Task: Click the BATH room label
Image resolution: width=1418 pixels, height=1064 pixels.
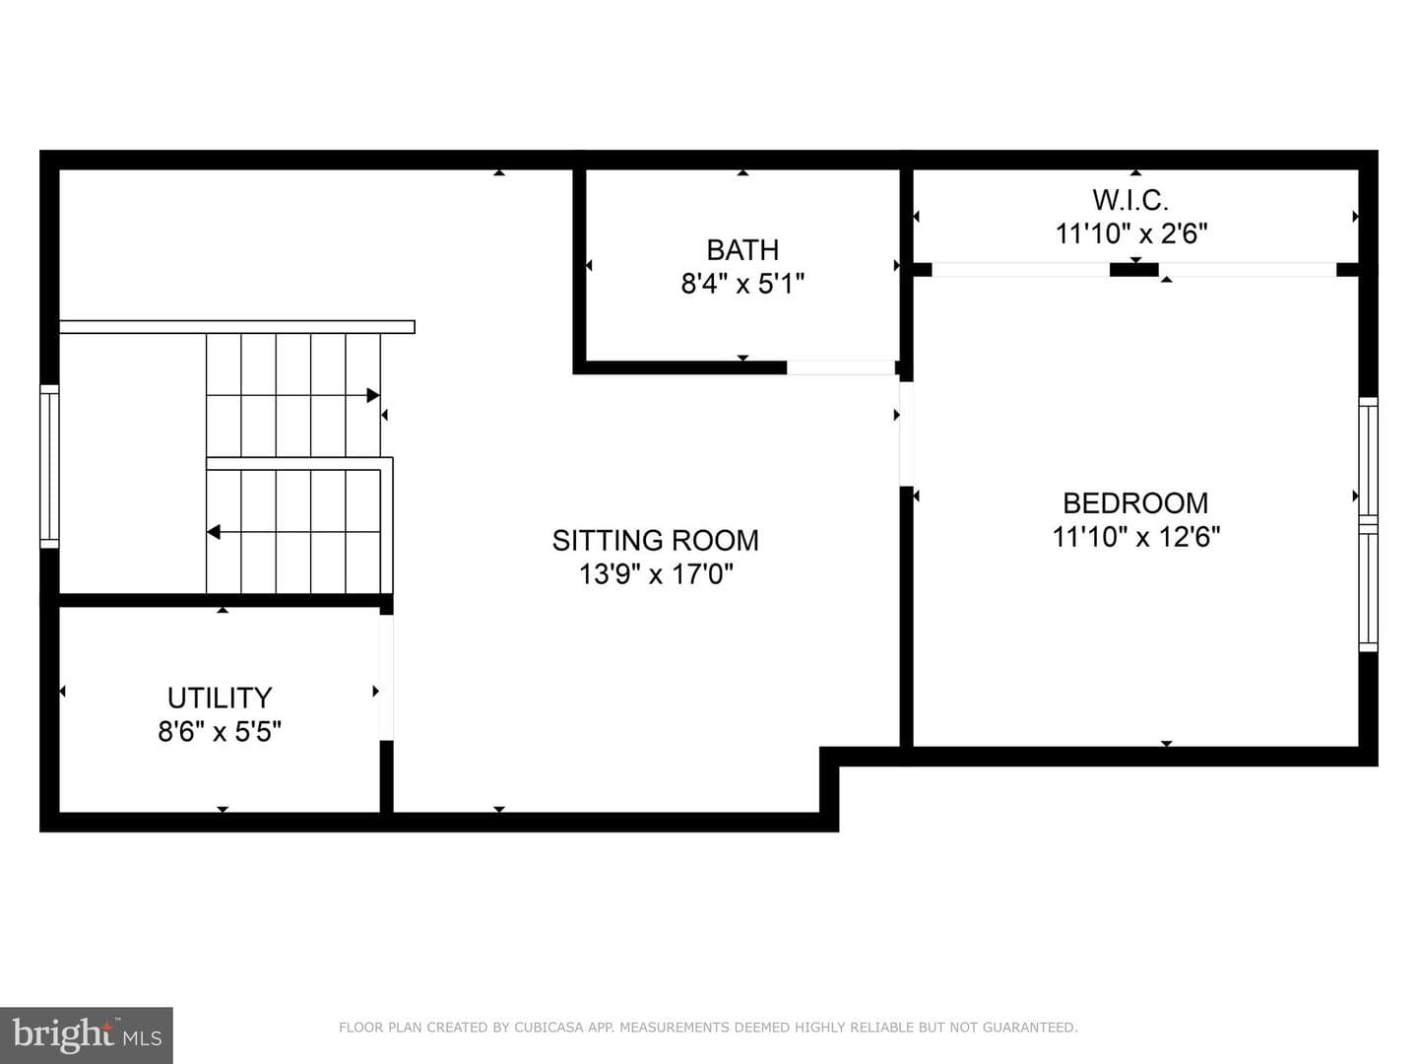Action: click(742, 250)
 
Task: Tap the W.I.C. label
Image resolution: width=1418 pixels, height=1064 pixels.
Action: click(1130, 200)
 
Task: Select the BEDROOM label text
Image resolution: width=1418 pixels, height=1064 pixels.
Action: click(1135, 503)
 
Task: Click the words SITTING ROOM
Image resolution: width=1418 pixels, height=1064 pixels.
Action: click(655, 541)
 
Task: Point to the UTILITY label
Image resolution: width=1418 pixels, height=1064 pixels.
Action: click(220, 698)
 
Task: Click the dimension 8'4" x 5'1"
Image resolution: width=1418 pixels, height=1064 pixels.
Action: click(742, 284)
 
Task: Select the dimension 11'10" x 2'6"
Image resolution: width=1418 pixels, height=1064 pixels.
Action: click(1130, 233)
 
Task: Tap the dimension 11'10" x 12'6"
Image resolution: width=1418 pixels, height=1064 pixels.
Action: click(1135, 537)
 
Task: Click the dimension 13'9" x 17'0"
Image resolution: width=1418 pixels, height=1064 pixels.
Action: click(656, 574)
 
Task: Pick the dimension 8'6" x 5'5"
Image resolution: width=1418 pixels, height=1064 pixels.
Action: click(220, 732)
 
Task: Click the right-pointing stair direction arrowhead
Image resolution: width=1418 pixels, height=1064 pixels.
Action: click(373, 395)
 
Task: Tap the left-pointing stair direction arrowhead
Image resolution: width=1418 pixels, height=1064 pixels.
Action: click(214, 532)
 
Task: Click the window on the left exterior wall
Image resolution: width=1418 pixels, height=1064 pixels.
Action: click(50, 466)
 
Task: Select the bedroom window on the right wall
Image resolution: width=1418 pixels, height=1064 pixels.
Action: click(1368, 524)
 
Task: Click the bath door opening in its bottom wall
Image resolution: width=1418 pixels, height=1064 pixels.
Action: click(841, 367)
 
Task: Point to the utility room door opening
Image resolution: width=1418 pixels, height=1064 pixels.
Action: click(386, 678)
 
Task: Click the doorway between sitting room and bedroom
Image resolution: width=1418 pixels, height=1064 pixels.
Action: click(906, 434)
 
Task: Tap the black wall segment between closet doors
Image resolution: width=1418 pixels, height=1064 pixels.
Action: click(1133, 270)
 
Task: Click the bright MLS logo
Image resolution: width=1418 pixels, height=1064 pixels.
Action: click(87, 1034)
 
